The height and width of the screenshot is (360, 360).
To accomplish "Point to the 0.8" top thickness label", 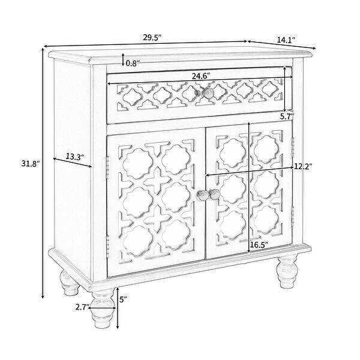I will tap(134, 61).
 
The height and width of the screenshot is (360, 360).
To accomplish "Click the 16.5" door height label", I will tap(259, 245).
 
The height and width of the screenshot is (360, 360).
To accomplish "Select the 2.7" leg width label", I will tap(83, 307).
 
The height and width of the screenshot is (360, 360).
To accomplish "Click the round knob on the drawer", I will tap(207, 93).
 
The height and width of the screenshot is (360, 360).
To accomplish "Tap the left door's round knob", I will tap(200, 195).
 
